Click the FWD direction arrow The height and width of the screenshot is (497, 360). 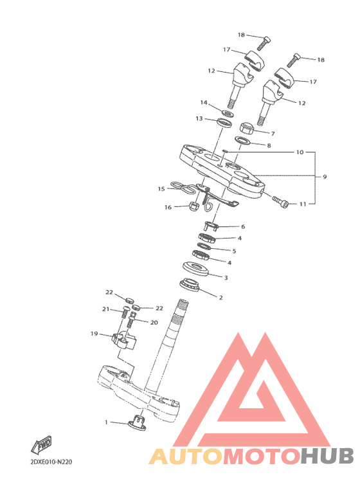pos(41,445)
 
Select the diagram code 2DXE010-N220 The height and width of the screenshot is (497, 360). pos(51,462)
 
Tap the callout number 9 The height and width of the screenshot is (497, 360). pos(325,177)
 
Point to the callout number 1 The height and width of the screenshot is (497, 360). pos(106,422)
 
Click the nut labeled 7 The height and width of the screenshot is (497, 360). pos(248,127)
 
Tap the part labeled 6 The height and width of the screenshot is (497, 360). pos(211,226)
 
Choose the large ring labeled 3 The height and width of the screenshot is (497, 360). pos(196,269)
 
